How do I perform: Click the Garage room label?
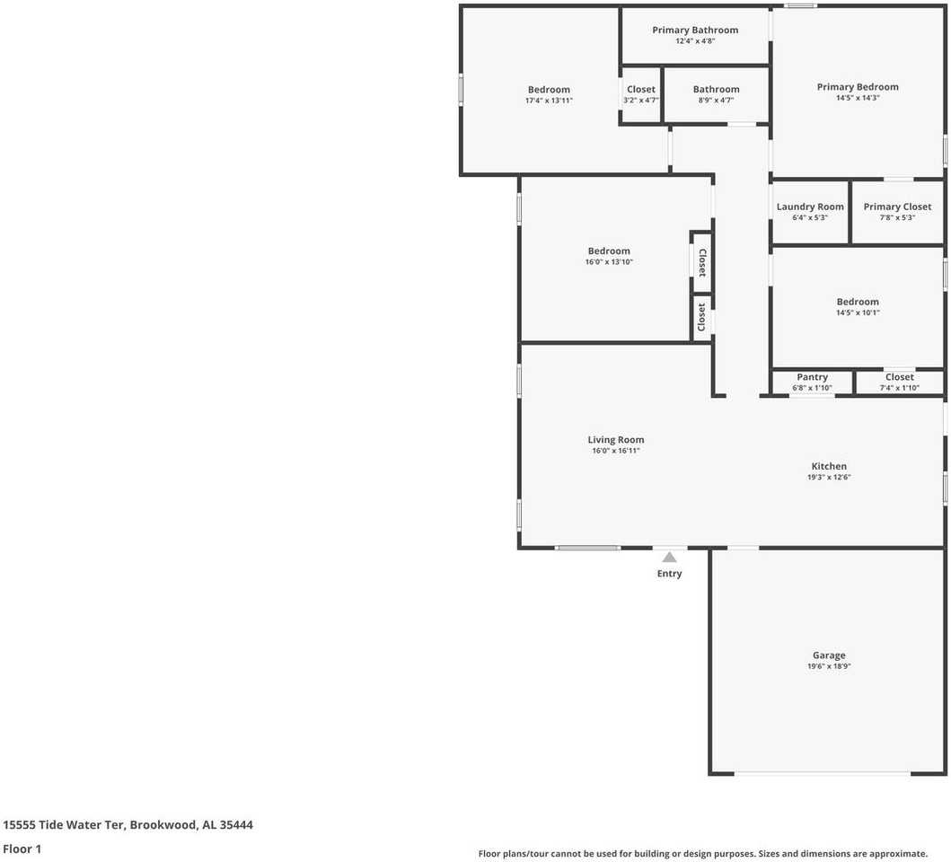pyautogui.click(x=829, y=655)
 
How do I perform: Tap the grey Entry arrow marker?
pyautogui.click(x=669, y=557)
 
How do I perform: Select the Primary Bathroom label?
pyautogui.click(x=695, y=30)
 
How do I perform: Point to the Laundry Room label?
pyautogui.click(x=810, y=207)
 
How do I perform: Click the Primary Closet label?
pyautogui.click(x=897, y=207)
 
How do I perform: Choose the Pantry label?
pyautogui.click(x=812, y=377)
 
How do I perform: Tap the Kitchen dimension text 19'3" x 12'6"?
pyautogui.click(x=829, y=477)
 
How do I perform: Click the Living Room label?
pyautogui.click(x=616, y=440)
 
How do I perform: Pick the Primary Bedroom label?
pyautogui.click(x=858, y=87)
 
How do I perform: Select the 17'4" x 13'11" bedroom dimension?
pyautogui.click(x=549, y=101)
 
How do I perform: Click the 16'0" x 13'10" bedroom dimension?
pyautogui.click(x=608, y=262)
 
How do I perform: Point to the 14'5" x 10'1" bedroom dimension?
pyautogui.click(x=858, y=313)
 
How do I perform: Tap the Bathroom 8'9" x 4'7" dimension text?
pyautogui.click(x=716, y=101)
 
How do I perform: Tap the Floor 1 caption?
pyautogui.click(x=22, y=849)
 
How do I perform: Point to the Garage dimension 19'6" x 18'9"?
pyautogui.click(x=829, y=666)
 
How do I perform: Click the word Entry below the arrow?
pyautogui.click(x=669, y=573)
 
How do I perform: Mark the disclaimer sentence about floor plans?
pyautogui.click(x=703, y=854)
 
